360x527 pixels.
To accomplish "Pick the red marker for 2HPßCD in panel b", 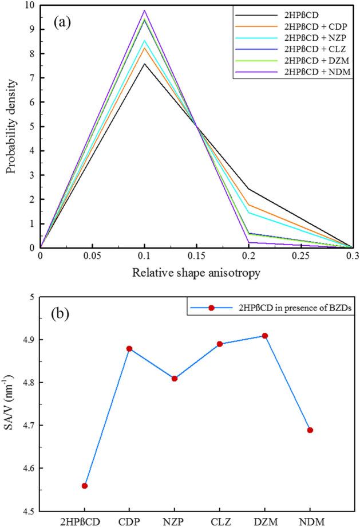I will click(85, 486).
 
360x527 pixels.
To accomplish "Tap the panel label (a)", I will click(64, 23).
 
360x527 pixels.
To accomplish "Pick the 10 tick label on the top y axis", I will click(29, 6).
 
